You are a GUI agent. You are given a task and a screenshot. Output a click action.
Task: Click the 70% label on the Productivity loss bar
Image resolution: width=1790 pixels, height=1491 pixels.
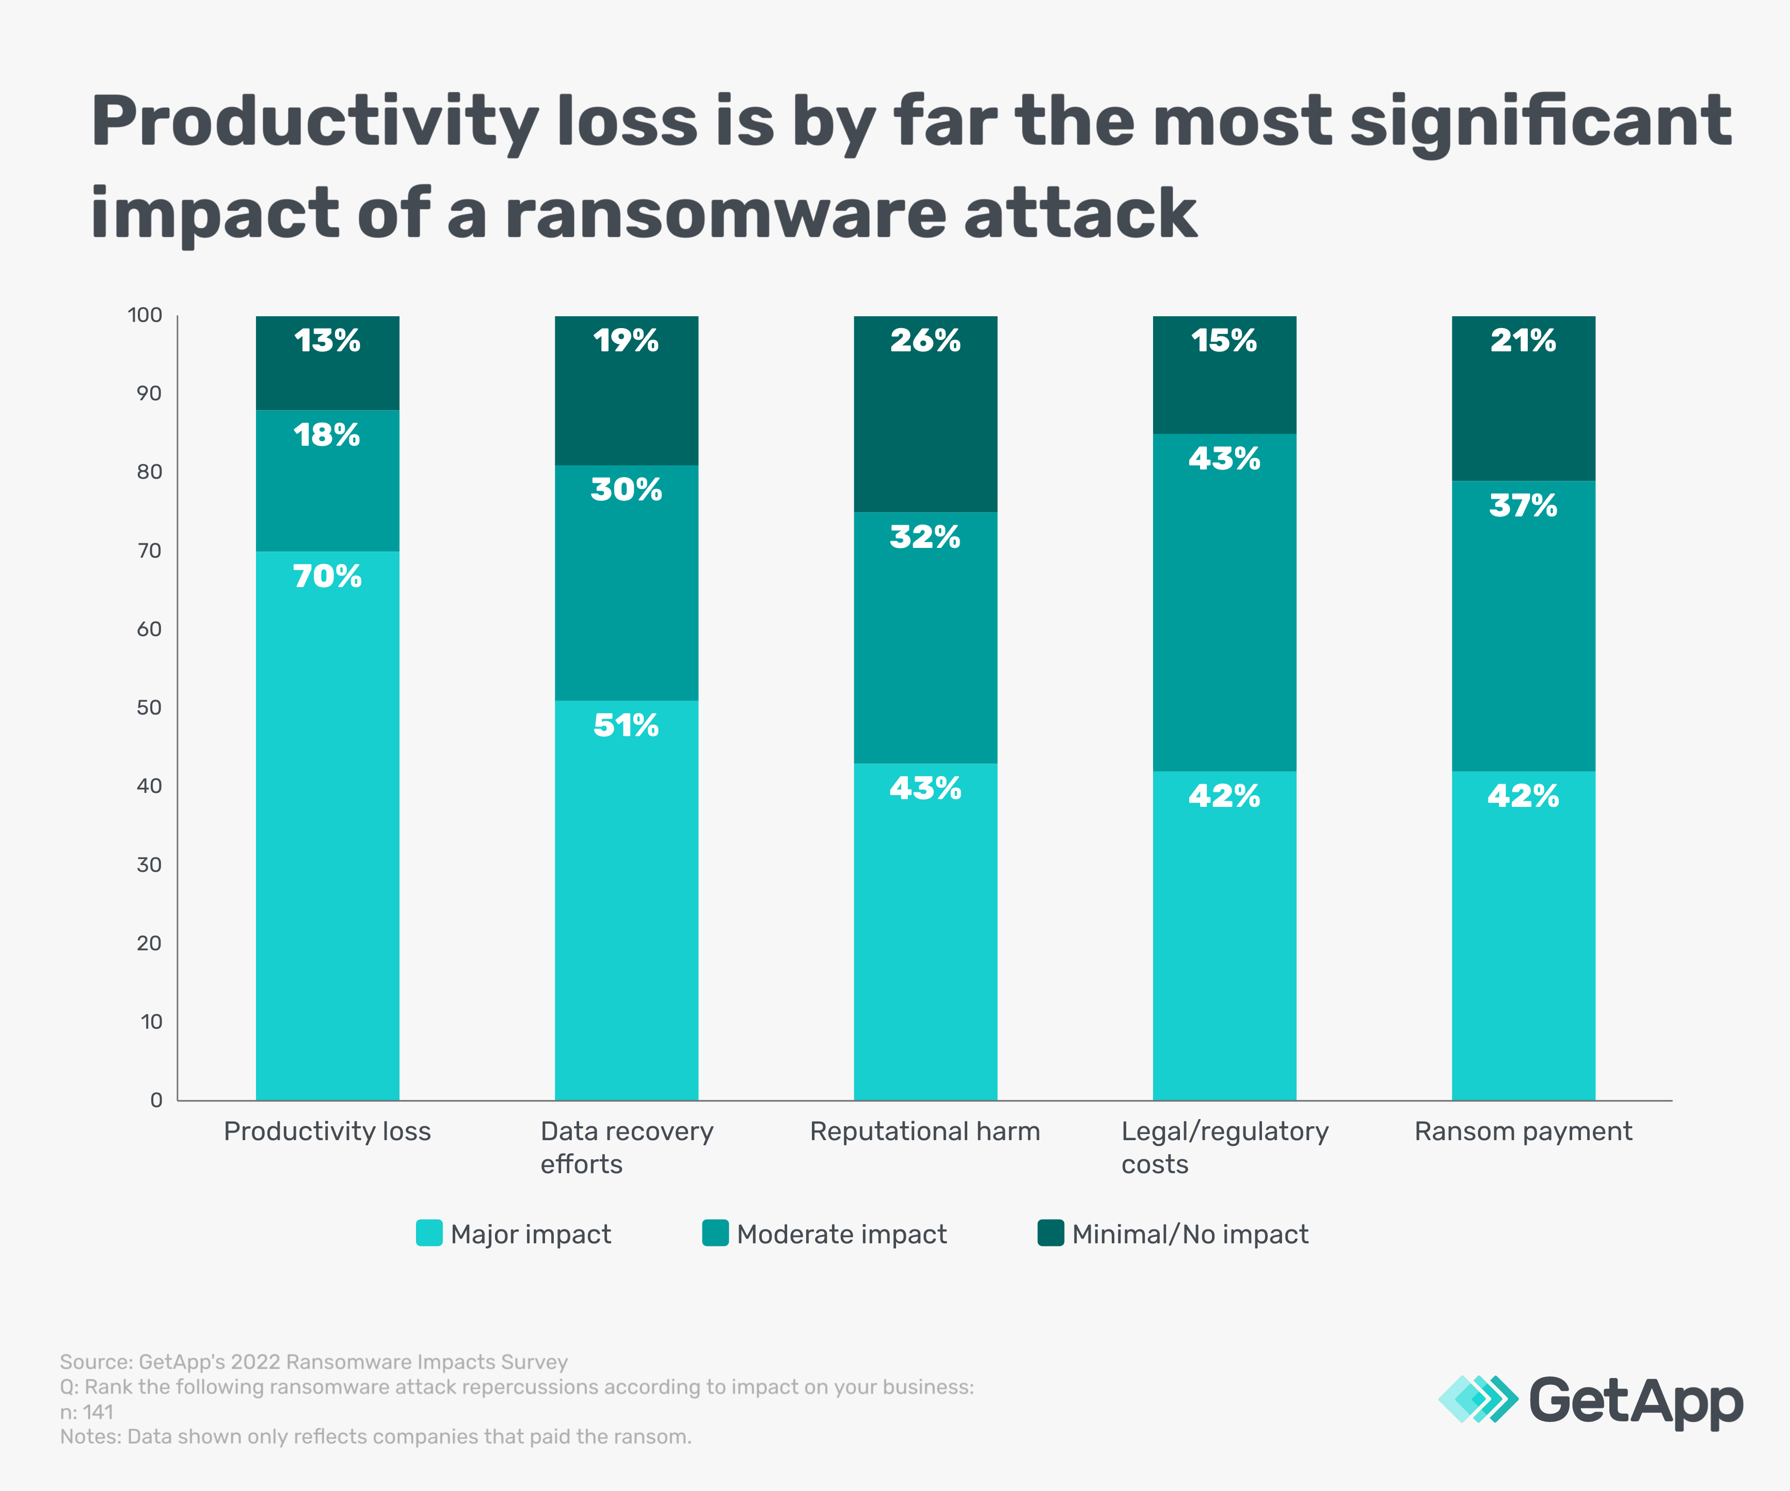[x=327, y=577]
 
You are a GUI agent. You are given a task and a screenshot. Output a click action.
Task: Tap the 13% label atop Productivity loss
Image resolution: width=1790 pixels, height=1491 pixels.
[x=327, y=341]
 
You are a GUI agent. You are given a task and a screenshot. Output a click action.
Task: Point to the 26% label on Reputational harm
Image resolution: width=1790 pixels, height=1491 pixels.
[x=925, y=341]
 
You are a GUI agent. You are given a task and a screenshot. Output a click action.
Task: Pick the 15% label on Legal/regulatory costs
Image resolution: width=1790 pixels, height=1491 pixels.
[x=1224, y=341]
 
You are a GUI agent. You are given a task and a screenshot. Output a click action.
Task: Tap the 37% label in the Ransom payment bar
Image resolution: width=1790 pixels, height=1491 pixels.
[x=1523, y=506]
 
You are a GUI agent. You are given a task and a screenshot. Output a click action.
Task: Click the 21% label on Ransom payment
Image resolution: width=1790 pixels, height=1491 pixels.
[x=1523, y=341]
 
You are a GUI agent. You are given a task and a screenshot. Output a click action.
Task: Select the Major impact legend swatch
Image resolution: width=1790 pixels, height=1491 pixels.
[x=429, y=1233]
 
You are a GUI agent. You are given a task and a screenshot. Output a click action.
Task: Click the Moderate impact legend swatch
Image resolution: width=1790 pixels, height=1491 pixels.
[x=715, y=1233]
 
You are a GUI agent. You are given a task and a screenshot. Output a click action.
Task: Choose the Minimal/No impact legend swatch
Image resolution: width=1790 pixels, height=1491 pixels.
[x=1050, y=1233]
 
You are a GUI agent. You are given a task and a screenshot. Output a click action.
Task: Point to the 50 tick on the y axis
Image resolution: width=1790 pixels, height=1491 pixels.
[x=149, y=708]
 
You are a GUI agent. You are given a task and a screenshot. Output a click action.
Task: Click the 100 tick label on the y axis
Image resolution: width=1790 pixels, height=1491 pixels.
[x=145, y=315]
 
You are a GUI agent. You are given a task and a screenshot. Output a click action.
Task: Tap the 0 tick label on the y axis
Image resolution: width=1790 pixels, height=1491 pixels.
[x=156, y=1100]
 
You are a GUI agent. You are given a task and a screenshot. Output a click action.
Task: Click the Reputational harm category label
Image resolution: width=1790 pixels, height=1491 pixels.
[x=925, y=1131]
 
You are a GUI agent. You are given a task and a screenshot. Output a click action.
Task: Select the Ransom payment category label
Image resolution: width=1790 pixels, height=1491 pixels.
[x=1523, y=1131]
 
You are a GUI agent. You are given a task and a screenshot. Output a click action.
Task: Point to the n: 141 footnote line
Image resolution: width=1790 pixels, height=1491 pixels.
[x=86, y=1412]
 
